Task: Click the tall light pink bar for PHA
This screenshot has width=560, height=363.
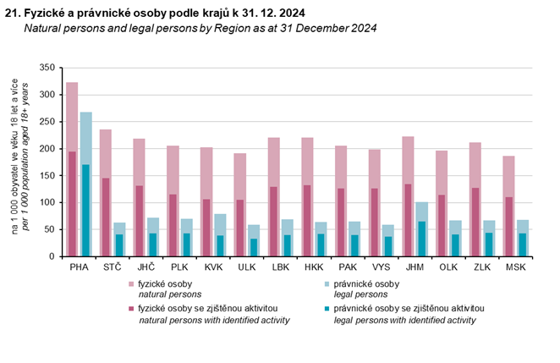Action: (x=72, y=118)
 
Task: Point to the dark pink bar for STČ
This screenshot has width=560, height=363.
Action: (x=106, y=217)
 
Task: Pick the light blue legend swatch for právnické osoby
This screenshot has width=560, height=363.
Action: (x=326, y=284)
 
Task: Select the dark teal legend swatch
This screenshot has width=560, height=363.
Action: (x=326, y=311)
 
